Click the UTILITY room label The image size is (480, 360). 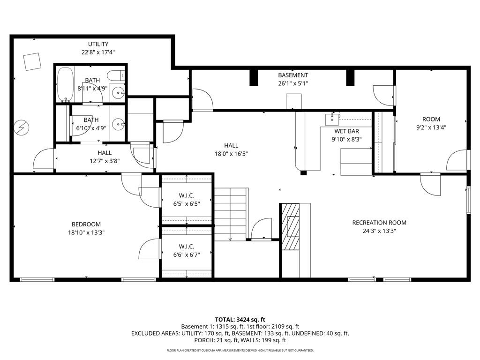98,45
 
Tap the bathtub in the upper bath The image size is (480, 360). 65,84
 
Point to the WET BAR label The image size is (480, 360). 346,131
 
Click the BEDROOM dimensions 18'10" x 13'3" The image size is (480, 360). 86,232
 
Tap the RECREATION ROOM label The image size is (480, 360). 379,223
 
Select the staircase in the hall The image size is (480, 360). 231,214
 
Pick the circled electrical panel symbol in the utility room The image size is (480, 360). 21,127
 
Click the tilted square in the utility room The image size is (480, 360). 32,61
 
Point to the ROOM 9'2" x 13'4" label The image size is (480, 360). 431,123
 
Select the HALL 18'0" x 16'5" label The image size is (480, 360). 231,150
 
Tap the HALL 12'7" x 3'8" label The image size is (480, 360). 105,157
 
